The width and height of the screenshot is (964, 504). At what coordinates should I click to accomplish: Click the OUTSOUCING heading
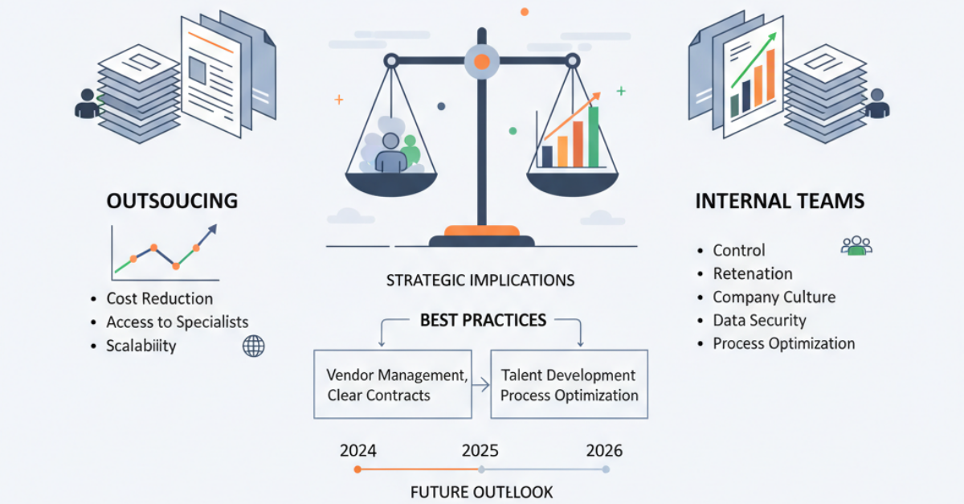click(172, 201)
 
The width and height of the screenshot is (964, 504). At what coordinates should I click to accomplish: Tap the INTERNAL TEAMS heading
click(780, 201)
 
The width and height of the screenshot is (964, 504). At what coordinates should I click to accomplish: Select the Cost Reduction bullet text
click(160, 298)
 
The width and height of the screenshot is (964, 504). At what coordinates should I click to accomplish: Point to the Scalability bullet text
click(141, 346)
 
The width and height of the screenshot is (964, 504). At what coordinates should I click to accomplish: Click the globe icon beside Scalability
click(254, 346)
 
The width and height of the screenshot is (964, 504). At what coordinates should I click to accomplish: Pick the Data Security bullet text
click(760, 321)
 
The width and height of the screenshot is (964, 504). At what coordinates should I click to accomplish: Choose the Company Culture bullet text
click(774, 297)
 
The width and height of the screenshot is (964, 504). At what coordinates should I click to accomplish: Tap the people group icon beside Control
click(856, 245)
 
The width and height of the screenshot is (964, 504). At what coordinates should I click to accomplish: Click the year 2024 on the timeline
click(358, 451)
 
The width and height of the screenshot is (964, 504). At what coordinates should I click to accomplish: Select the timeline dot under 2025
click(481, 469)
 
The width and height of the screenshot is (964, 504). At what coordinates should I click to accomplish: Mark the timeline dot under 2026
click(606, 469)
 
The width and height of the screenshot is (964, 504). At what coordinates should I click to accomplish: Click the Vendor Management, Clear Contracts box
click(393, 384)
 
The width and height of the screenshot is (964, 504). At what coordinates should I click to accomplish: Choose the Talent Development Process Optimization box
click(570, 384)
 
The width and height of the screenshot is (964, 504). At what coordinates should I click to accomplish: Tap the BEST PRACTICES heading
click(484, 321)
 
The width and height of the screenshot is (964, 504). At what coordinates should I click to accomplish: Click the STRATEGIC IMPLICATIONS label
click(480, 281)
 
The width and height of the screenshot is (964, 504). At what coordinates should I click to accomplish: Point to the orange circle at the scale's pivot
click(482, 62)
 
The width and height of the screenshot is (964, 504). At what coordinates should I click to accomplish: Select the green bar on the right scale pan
click(594, 137)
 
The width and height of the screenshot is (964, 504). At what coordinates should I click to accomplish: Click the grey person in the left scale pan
click(390, 153)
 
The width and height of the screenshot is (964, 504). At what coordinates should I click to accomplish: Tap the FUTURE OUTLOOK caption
click(481, 493)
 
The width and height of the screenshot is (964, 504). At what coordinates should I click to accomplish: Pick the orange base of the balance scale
click(482, 231)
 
